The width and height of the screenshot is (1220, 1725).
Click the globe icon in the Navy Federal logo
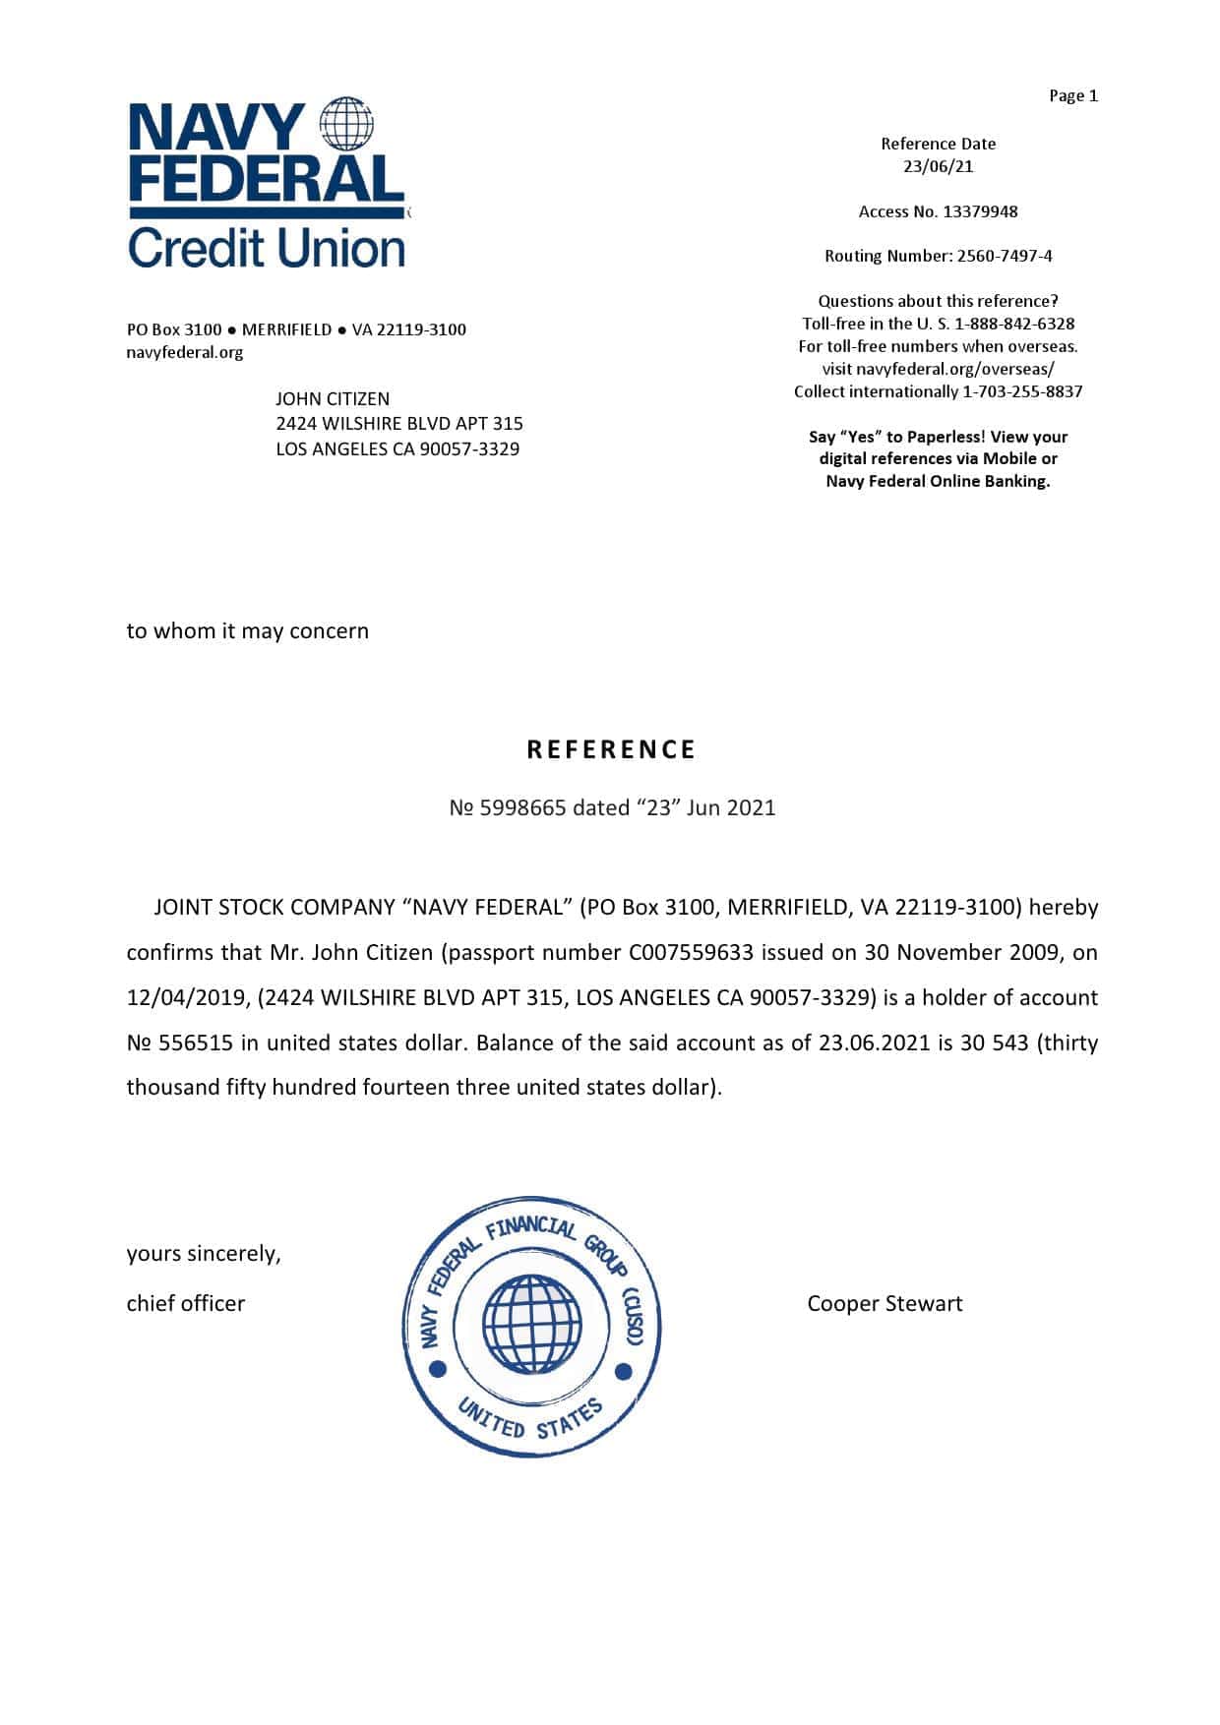coord(347,124)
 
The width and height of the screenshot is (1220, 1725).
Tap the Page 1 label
coord(1072,95)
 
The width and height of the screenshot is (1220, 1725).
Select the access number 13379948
coord(980,211)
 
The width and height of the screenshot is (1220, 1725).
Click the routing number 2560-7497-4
coord(1005,256)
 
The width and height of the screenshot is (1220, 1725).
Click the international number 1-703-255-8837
coord(1022,391)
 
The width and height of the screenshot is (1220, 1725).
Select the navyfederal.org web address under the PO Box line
coord(185,352)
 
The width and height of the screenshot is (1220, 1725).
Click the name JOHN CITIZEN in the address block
coord(333,398)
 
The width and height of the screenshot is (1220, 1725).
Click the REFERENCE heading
coord(611,749)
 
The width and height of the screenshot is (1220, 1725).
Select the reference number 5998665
coord(522,807)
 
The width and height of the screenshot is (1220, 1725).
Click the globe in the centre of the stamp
coord(531,1324)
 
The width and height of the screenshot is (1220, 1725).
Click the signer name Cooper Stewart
coord(884,1303)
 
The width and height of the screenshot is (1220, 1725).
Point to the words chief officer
coord(186,1303)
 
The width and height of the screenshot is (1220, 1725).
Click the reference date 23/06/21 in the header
coord(938,166)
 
